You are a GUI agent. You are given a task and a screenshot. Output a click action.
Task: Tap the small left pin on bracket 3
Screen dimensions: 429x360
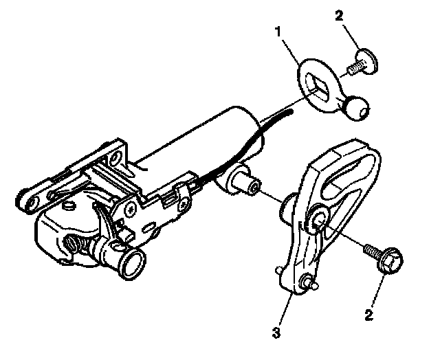[x=279, y=269]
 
